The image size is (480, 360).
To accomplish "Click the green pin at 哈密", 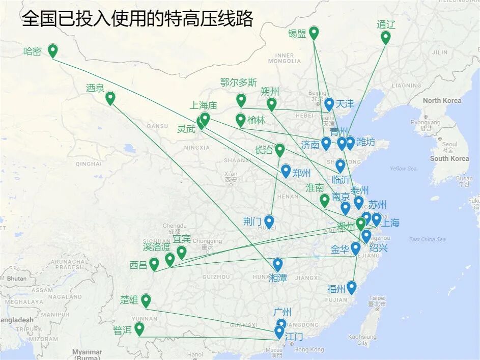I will tap(52, 50).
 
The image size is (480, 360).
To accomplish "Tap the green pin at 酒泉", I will tap(110, 97).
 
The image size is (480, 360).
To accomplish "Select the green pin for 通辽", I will tap(385, 37).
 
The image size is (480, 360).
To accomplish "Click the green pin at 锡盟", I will tap(314, 33).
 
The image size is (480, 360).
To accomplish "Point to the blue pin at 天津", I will tap(329, 104).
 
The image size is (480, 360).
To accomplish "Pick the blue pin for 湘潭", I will tap(277, 264).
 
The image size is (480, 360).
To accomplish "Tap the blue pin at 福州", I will tap(351, 287).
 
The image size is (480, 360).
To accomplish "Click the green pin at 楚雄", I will tap(146, 300).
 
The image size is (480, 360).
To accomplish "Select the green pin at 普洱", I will tap(139, 328).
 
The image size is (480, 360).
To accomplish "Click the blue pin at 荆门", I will tap(269, 221).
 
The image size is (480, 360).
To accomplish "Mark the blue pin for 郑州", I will tap(286, 171).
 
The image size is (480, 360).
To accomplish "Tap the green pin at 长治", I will tap(279, 150).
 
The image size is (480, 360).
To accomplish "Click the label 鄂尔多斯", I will tap(238, 82).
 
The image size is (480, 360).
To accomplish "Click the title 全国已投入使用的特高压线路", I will tap(137, 19).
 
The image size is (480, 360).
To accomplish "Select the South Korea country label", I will tap(449, 158).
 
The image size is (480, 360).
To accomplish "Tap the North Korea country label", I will tap(442, 100).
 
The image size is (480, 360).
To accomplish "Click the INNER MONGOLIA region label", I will tap(284, 58).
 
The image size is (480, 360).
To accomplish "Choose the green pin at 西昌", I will tap(154, 264).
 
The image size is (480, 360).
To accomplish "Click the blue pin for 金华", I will tap(355, 248).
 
